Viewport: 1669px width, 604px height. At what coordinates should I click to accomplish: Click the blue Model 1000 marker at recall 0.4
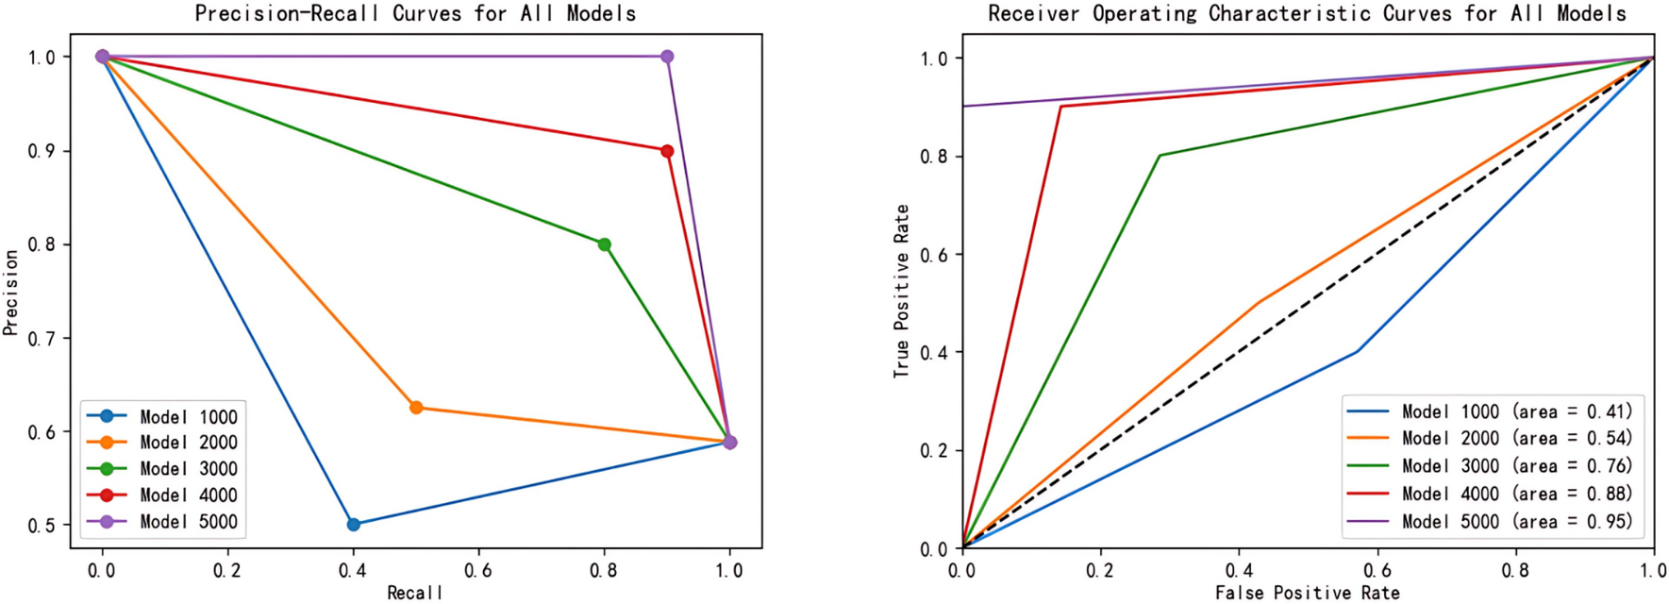[354, 525]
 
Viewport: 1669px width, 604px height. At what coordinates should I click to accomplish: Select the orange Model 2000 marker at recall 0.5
[416, 408]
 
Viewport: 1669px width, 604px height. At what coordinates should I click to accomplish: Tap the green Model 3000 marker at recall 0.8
[605, 244]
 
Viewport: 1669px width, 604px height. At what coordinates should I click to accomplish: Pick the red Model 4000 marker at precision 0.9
[667, 151]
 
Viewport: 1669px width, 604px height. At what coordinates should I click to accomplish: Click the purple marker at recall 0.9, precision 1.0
[667, 57]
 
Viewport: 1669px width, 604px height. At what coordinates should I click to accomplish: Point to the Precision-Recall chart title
[415, 13]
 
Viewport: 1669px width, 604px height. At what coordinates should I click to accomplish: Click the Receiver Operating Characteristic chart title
[1307, 13]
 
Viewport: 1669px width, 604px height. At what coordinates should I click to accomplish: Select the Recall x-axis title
[415, 593]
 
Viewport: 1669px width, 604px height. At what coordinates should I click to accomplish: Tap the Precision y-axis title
[10, 292]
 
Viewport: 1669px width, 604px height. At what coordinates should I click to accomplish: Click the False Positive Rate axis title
[1307, 593]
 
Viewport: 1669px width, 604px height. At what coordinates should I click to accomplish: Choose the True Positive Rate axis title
[902, 292]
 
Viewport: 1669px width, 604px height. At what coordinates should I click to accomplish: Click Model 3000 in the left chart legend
[188, 469]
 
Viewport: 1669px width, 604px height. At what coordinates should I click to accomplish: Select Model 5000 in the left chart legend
[188, 522]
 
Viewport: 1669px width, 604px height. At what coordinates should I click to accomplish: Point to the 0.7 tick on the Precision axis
[42, 338]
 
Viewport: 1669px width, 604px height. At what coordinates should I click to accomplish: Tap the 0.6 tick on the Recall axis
[478, 570]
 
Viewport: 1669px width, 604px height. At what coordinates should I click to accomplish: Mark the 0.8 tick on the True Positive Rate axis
[934, 157]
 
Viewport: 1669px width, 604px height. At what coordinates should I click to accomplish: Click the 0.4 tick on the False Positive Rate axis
[1239, 570]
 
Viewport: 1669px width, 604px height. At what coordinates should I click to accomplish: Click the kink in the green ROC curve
[1160, 156]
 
